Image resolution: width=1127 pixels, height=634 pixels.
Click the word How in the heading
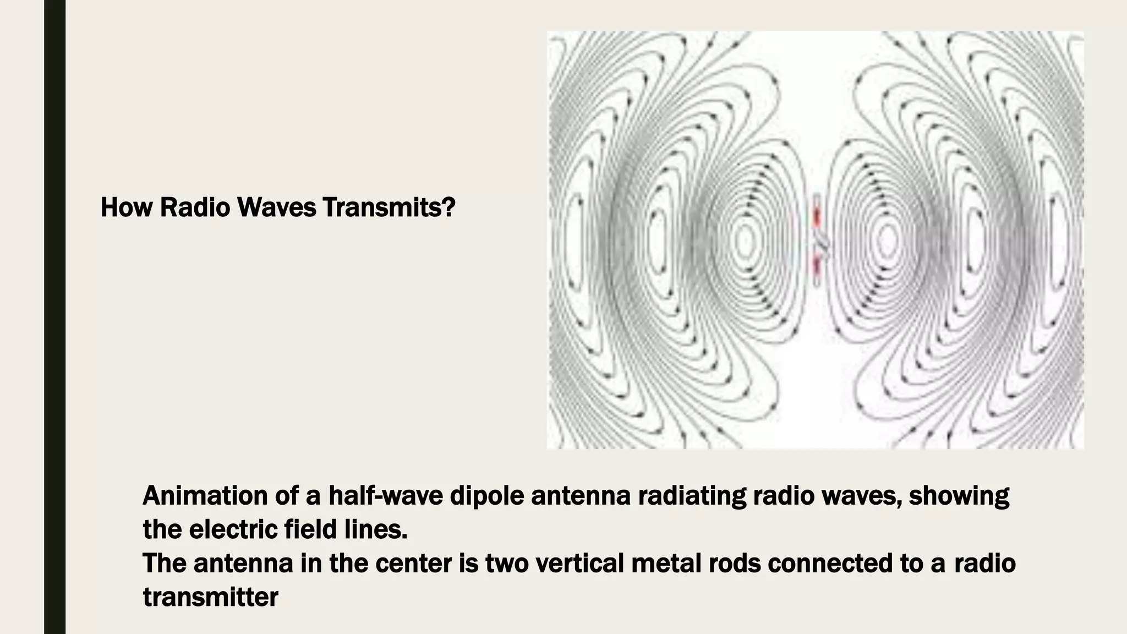point(125,207)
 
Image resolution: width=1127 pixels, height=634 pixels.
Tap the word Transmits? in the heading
point(389,207)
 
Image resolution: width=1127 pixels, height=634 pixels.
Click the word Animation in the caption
point(204,495)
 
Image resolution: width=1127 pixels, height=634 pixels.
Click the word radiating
point(691,495)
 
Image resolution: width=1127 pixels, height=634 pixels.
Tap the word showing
point(959,496)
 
